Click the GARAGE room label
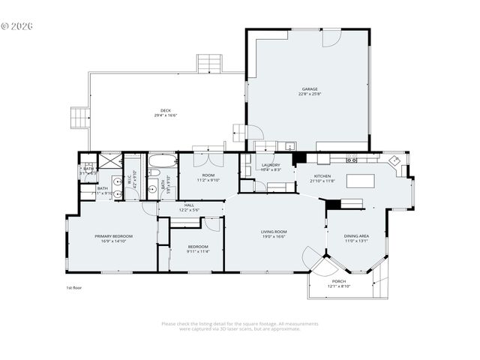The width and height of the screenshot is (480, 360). point(310,88)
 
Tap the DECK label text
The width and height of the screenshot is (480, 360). point(165,110)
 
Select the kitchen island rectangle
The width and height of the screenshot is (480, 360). point(360,181)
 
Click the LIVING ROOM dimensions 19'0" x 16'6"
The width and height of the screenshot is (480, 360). point(274,236)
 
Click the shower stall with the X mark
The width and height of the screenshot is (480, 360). point(110,160)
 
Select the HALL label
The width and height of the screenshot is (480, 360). point(189,205)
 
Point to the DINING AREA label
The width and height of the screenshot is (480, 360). point(357,236)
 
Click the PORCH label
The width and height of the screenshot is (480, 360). point(339,281)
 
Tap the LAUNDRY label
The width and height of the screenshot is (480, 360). point(271,165)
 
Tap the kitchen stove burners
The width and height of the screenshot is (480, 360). point(351,159)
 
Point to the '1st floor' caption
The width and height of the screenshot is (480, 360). point(73,287)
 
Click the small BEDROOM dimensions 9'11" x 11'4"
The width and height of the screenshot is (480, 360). point(198,251)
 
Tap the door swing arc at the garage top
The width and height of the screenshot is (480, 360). point(331,38)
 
